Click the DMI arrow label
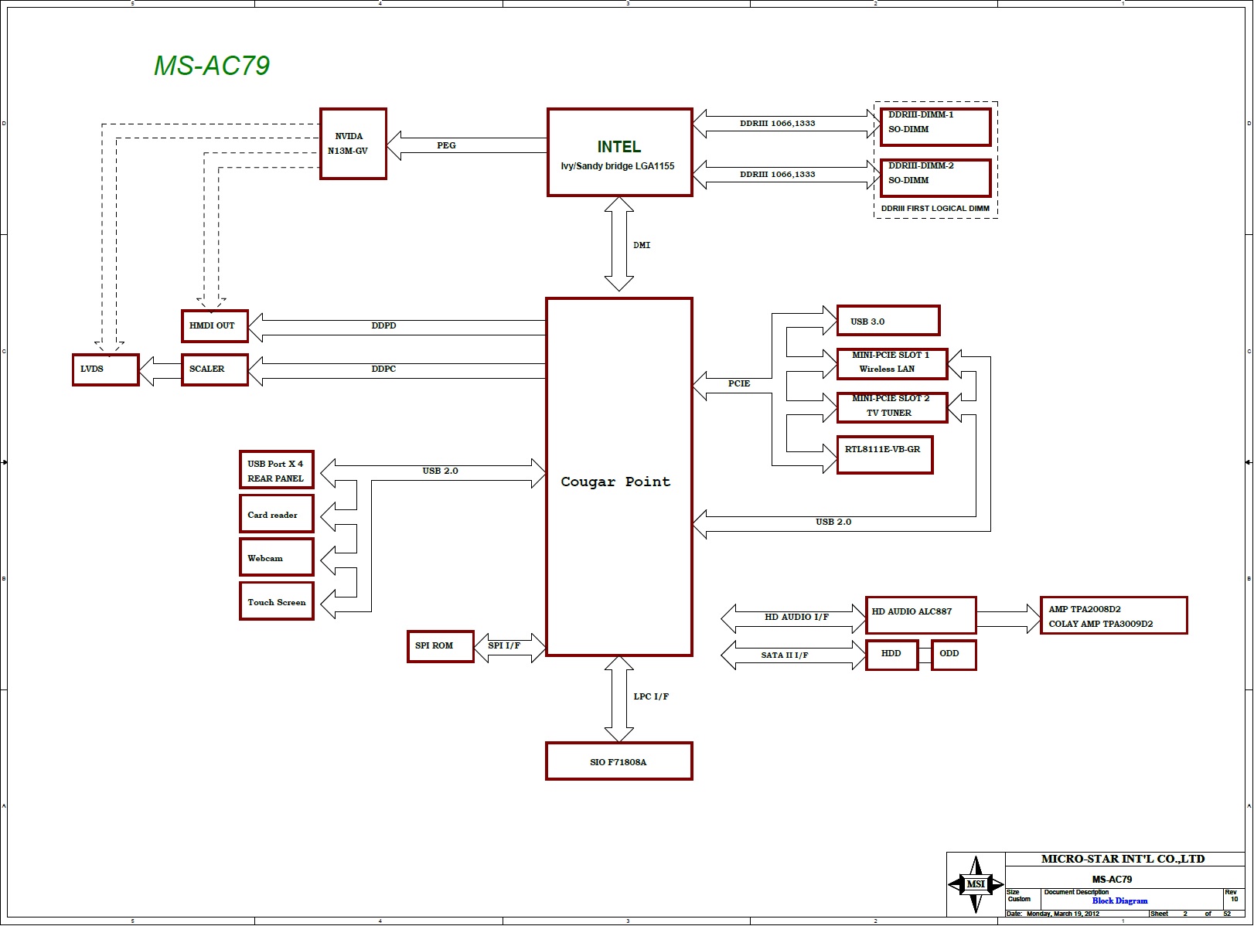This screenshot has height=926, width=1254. point(642,245)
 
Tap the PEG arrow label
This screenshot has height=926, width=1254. point(446,145)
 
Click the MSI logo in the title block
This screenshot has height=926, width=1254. point(976,884)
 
